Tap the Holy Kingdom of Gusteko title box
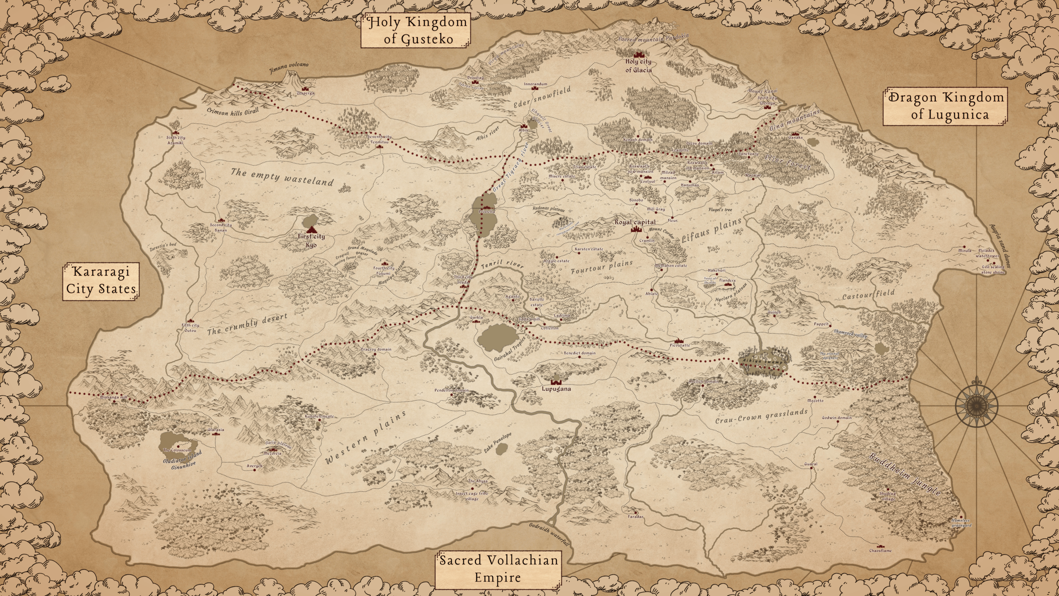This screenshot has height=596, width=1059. pos(415,31)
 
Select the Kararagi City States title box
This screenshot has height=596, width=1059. pos(101,280)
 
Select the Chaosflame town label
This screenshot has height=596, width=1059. pos(880,550)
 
